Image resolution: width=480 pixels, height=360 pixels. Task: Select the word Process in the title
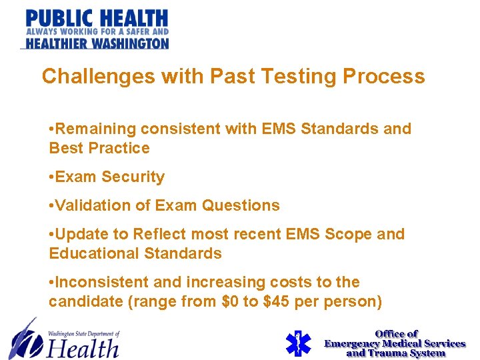tap(384, 77)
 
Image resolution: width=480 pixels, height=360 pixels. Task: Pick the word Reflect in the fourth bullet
tap(161, 235)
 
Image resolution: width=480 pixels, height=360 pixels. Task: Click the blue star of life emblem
tap(299, 343)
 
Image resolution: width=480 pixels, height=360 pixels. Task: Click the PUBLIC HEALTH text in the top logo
tap(97, 18)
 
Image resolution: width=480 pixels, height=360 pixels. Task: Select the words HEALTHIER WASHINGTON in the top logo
tap(97, 43)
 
